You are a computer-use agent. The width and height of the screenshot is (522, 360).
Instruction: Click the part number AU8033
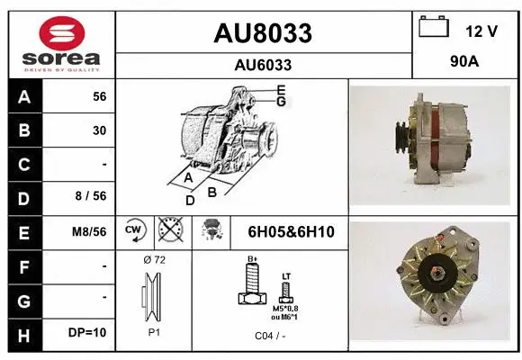point(263,33)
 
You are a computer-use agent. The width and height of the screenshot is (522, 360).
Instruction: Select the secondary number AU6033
point(263,65)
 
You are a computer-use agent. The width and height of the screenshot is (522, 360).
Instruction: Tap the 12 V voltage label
point(481,31)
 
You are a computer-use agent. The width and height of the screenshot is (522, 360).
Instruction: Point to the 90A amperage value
point(465,64)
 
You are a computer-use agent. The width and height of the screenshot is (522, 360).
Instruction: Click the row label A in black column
point(22,96)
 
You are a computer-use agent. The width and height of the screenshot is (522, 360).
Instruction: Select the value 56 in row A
point(99,96)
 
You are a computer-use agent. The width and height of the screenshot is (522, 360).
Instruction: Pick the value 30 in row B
point(99,130)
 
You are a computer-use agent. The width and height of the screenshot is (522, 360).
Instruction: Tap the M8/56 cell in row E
point(90,231)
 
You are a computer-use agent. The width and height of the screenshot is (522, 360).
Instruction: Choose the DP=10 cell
point(89,332)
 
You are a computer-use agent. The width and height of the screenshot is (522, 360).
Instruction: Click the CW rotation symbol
point(134,231)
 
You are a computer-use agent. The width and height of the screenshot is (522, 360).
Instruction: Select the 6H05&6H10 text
point(291,232)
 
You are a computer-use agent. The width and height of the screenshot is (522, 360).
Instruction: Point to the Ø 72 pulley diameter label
point(154,259)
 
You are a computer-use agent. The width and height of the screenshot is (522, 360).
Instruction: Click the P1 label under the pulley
point(154,330)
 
